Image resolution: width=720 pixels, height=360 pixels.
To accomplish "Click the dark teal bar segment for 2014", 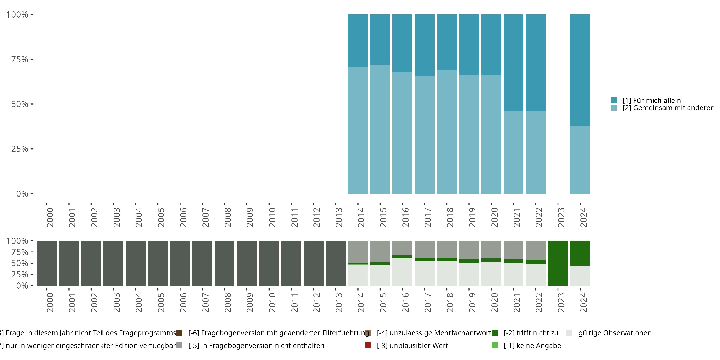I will (358, 41).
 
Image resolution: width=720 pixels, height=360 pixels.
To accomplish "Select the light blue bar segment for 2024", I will (580, 160).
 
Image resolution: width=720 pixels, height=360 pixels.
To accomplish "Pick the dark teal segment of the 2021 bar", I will (513, 63).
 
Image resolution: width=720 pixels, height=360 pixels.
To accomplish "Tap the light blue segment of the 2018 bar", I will (447, 132).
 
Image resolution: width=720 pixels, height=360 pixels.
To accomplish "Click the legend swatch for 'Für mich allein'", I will (614, 100).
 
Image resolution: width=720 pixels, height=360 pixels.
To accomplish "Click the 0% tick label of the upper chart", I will (22, 194).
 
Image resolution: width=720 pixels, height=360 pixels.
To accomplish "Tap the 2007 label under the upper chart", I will (205, 217).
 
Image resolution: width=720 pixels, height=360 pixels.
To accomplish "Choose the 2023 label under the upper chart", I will (561, 217).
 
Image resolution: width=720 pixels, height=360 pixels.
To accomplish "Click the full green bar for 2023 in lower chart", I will (558, 263).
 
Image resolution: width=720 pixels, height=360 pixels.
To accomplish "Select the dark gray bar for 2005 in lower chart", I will (158, 263).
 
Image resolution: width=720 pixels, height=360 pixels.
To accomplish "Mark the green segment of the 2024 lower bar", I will (580, 253).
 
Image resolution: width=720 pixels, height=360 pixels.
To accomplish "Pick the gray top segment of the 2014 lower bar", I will (358, 251).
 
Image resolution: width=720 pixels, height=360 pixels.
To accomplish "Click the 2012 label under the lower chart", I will (316, 303).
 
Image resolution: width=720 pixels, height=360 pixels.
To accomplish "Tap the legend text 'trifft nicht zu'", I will (531, 333).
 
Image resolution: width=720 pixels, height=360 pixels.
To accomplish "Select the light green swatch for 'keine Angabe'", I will (494, 345).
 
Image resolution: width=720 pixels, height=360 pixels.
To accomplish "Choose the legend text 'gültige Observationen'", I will (615, 333).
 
